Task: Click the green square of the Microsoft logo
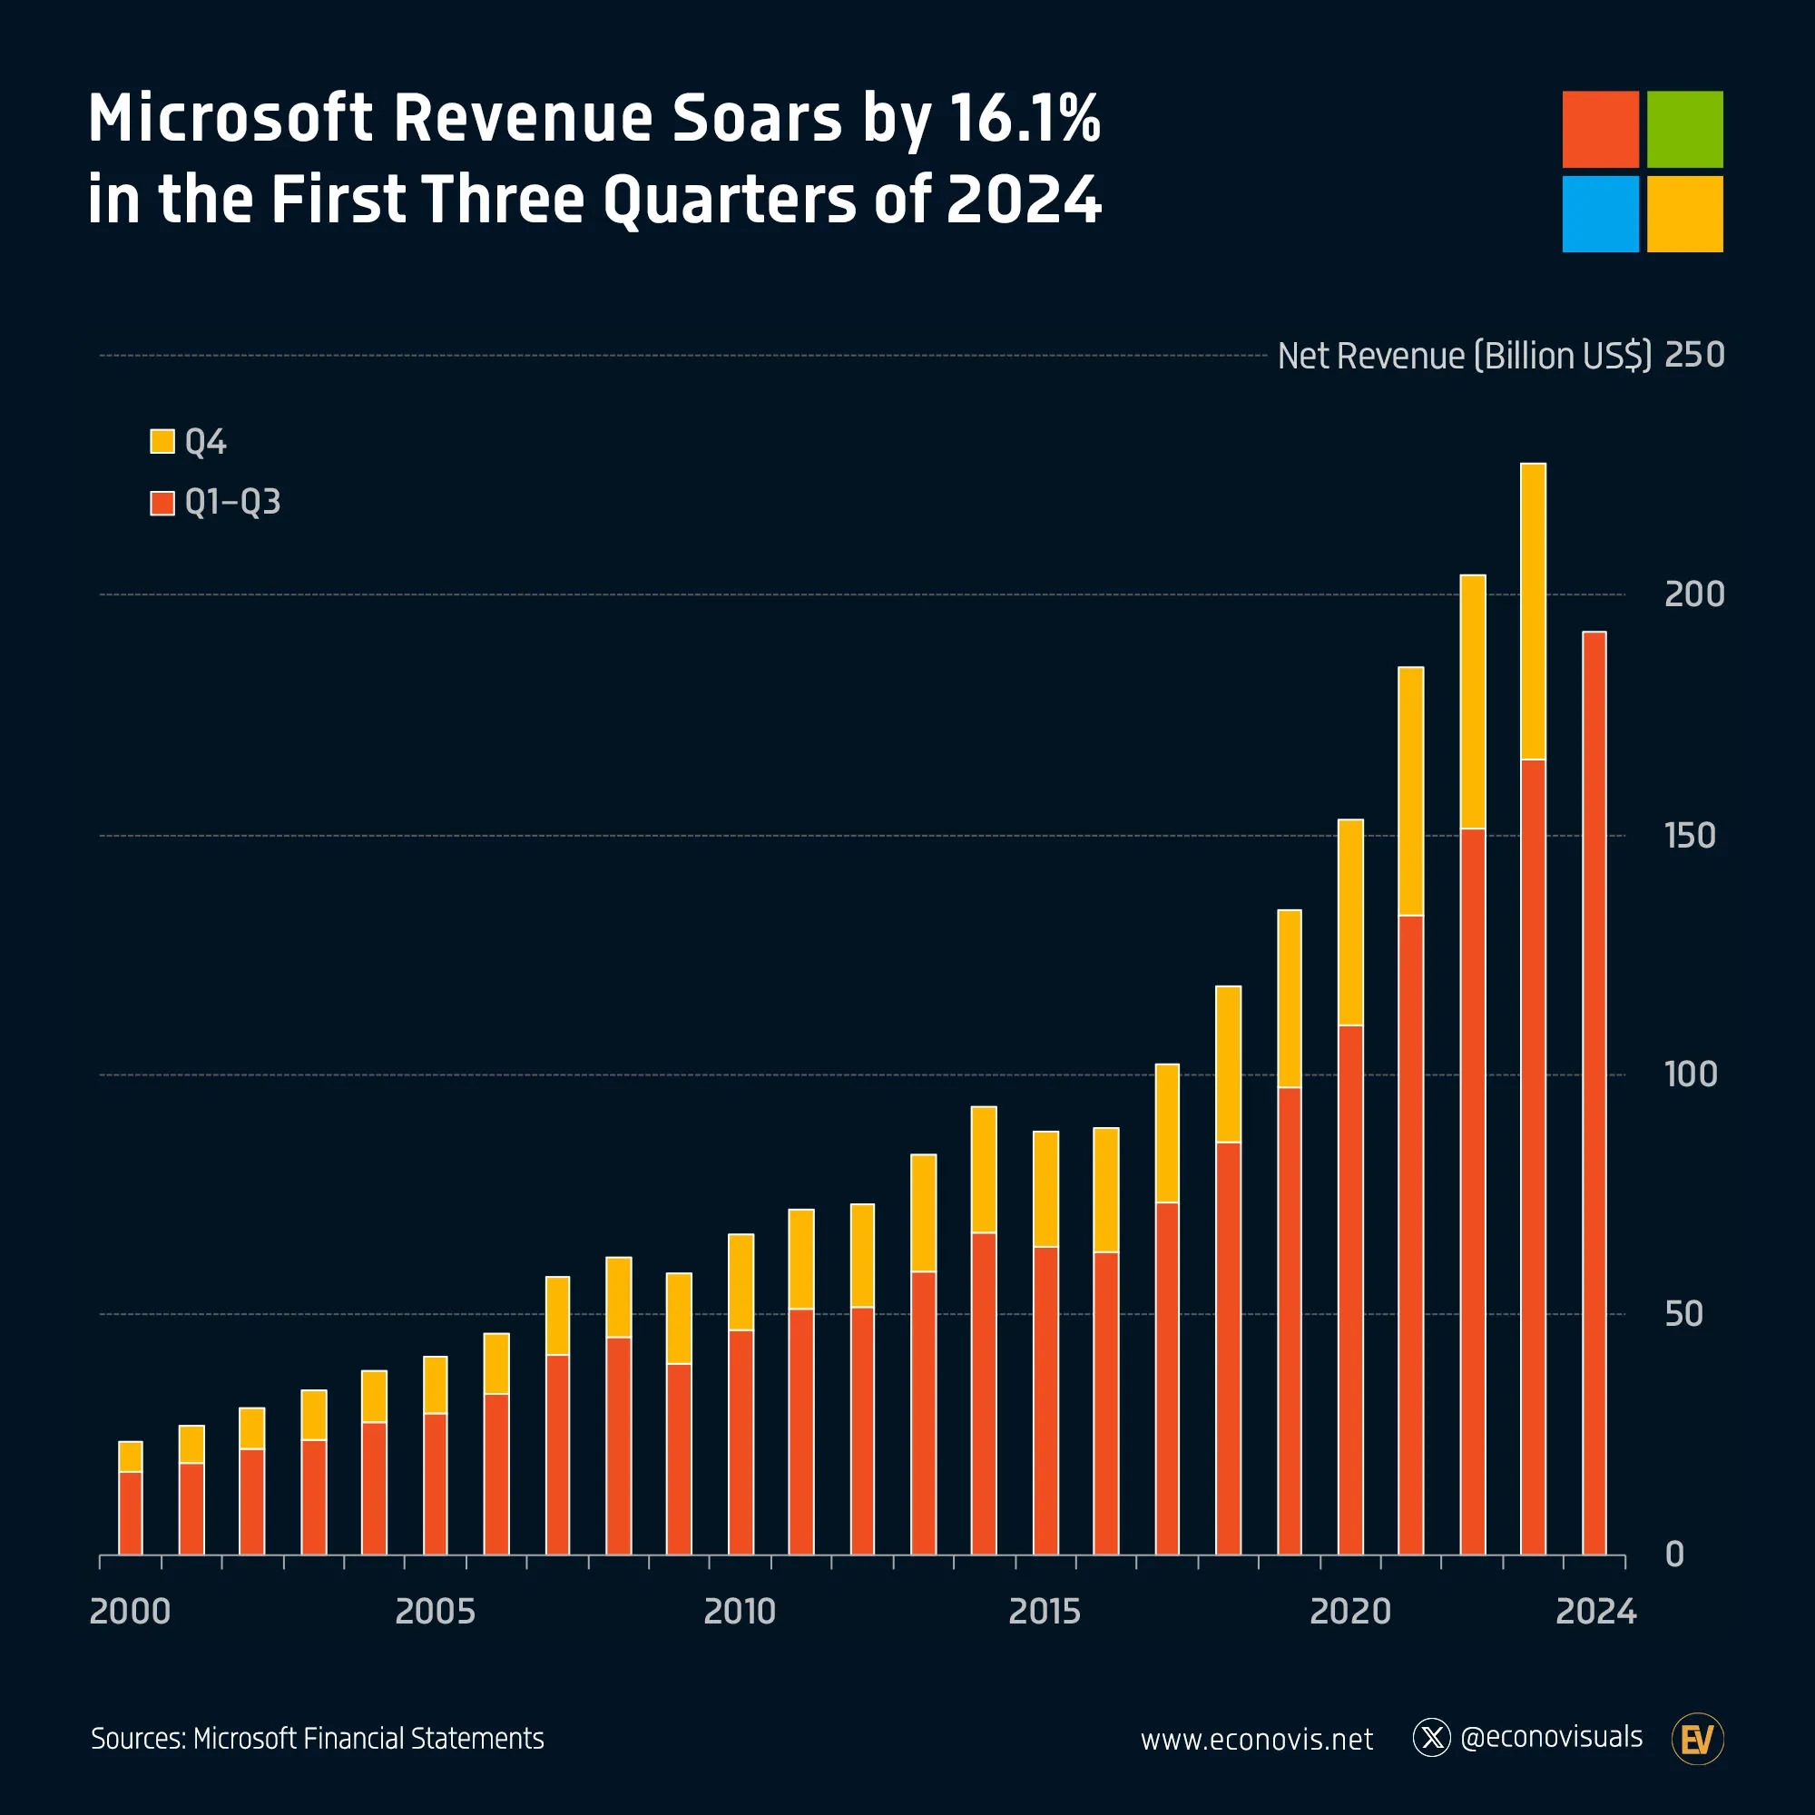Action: pos(1684,129)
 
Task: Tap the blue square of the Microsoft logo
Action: pos(1600,213)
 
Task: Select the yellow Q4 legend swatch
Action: pos(162,442)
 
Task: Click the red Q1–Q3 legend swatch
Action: pos(162,503)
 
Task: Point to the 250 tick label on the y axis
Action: pos(1693,355)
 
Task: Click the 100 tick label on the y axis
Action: pos(1690,1074)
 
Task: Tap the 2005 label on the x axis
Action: pos(435,1611)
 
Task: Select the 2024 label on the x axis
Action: pos(1595,1611)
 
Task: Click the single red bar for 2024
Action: pos(1594,1090)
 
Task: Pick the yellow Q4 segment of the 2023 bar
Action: pos(1533,611)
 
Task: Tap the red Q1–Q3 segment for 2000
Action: pos(131,1513)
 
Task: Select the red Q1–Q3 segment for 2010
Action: pos(741,1442)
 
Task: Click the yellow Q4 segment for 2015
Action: pos(1045,1189)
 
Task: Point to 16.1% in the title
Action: pos(1024,119)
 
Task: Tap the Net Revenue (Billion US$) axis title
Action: pos(1464,356)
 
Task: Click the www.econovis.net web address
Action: pos(1256,1740)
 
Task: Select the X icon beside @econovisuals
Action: pos(1432,1738)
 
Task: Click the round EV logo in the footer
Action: pos(1698,1740)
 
